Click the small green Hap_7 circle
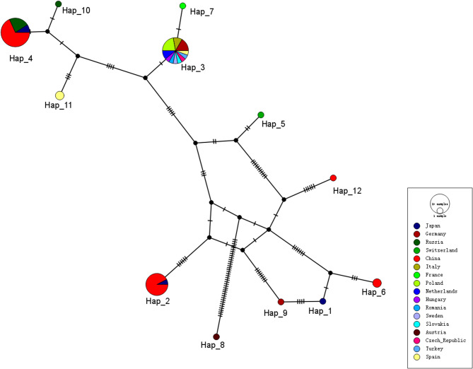click(x=182, y=6)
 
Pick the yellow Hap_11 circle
click(x=60, y=95)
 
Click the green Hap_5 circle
click(x=261, y=115)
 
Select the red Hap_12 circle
click(x=333, y=178)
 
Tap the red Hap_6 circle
click(x=377, y=283)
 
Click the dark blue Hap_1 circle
click(x=323, y=302)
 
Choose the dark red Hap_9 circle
click(x=281, y=302)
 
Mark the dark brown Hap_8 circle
click(x=216, y=336)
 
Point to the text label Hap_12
click(x=347, y=191)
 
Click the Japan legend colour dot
click(x=416, y=227)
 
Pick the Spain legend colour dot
click(x=416, y=358)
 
